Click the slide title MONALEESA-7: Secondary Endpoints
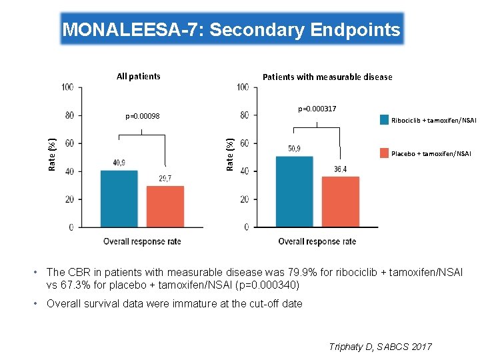click(231, 29)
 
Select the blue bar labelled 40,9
click(119, 199)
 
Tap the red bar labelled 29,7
click(165, 207)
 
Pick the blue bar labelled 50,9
click(294, 191)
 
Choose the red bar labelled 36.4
click(340, 202)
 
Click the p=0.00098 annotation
click(142, 117)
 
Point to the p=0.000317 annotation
click(317, 108)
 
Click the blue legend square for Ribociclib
click(384, 120)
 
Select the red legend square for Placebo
click(384, 153)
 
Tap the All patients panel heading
click(138, 76)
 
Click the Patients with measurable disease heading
click(327, 77)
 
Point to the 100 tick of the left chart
click(67, 87)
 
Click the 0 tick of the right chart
click(246, 227)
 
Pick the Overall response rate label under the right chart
click(317, 241)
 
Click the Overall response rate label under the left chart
click(142, 241)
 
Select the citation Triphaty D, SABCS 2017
click(381, 347)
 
